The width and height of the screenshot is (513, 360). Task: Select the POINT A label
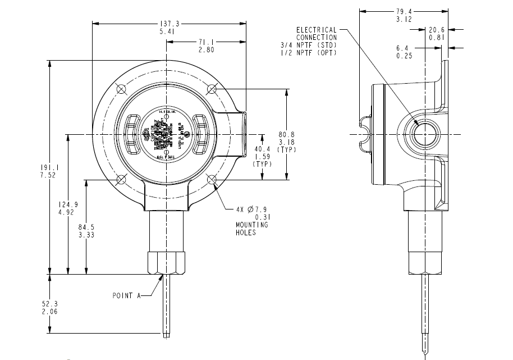[x=126, y=295]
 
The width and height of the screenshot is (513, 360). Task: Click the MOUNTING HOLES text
[x=251, y=228]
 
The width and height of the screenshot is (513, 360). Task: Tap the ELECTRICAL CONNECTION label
[x=317, y=33]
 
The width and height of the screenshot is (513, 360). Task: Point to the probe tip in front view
[x=167, y=336]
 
